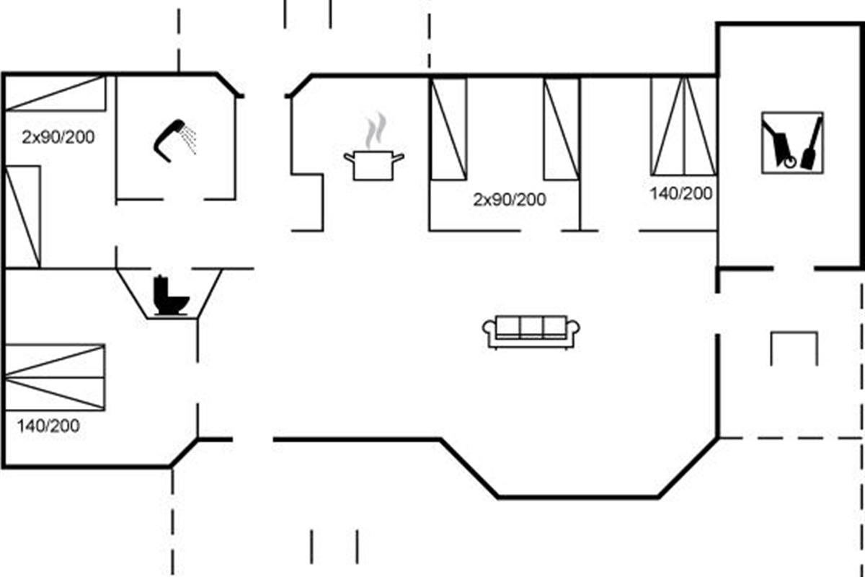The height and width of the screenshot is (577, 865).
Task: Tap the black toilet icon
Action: (171, 296)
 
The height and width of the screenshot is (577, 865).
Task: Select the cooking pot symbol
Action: (373, 166)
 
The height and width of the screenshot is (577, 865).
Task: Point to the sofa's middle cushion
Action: (531, 327)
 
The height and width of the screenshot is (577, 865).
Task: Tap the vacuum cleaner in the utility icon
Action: (778, 144)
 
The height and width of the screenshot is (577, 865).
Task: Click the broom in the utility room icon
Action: (812, 144)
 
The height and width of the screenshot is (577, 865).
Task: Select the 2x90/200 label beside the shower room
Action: (58, 136)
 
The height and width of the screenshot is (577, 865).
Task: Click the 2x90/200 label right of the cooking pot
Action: (509, 200)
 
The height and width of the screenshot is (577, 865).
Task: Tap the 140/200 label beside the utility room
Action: (681, 193)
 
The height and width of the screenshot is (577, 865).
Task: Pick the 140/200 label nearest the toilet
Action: (48, 426)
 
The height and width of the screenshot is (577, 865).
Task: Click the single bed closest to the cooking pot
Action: (448, 128)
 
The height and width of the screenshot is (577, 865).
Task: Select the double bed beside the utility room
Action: (683, 126)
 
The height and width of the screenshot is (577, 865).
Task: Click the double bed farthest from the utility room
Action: (55, 376)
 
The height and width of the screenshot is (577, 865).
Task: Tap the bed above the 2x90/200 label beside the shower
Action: (56, 93)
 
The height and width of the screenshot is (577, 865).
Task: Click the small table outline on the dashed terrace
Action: (794, 347)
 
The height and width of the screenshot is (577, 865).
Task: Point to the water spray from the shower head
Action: (190, 138)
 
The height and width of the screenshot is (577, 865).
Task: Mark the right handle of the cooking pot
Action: (399, 156)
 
